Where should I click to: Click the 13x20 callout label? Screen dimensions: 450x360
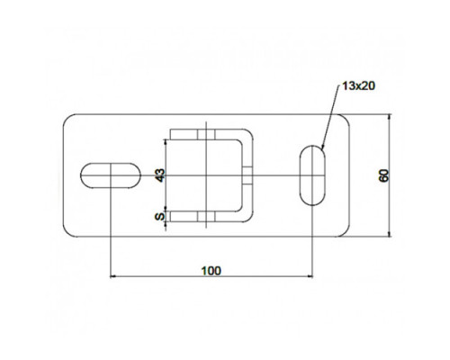358,86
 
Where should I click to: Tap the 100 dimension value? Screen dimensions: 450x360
211,271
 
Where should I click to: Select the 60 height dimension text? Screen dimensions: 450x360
383,175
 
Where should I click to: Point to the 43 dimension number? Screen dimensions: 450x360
160,175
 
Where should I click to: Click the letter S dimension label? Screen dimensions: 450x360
160,216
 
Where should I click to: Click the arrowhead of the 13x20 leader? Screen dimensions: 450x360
322,148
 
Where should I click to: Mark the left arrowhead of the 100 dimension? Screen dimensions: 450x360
113,276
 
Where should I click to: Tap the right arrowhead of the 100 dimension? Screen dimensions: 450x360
310,276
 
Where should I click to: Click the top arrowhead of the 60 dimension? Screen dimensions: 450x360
390,117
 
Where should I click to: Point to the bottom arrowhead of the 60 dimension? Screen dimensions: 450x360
390,234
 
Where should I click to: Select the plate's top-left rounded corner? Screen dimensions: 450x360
67,118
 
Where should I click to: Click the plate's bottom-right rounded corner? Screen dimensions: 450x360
346,233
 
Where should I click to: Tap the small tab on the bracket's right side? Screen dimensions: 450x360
247,175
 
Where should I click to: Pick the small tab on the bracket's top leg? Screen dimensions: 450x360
206,134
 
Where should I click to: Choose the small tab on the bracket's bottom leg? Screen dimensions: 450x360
206,217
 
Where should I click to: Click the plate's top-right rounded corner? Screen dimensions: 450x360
346,118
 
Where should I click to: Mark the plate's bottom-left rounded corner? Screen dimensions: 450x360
67,233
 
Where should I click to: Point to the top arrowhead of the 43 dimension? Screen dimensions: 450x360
166,142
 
